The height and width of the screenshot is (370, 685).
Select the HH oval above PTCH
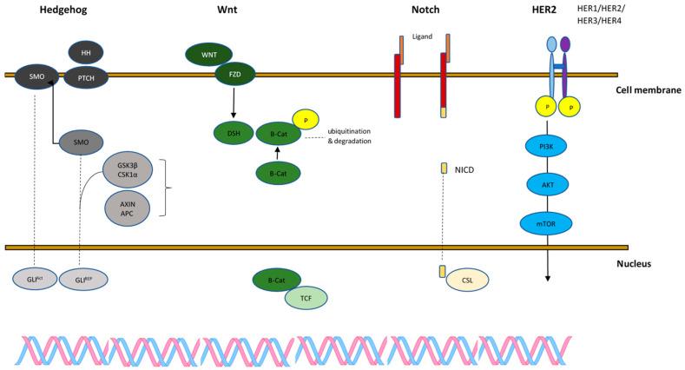[x=86, y=52]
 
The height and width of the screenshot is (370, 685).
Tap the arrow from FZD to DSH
[x=232, y=103]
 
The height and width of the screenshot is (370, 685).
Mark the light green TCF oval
[x=306, y=298]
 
